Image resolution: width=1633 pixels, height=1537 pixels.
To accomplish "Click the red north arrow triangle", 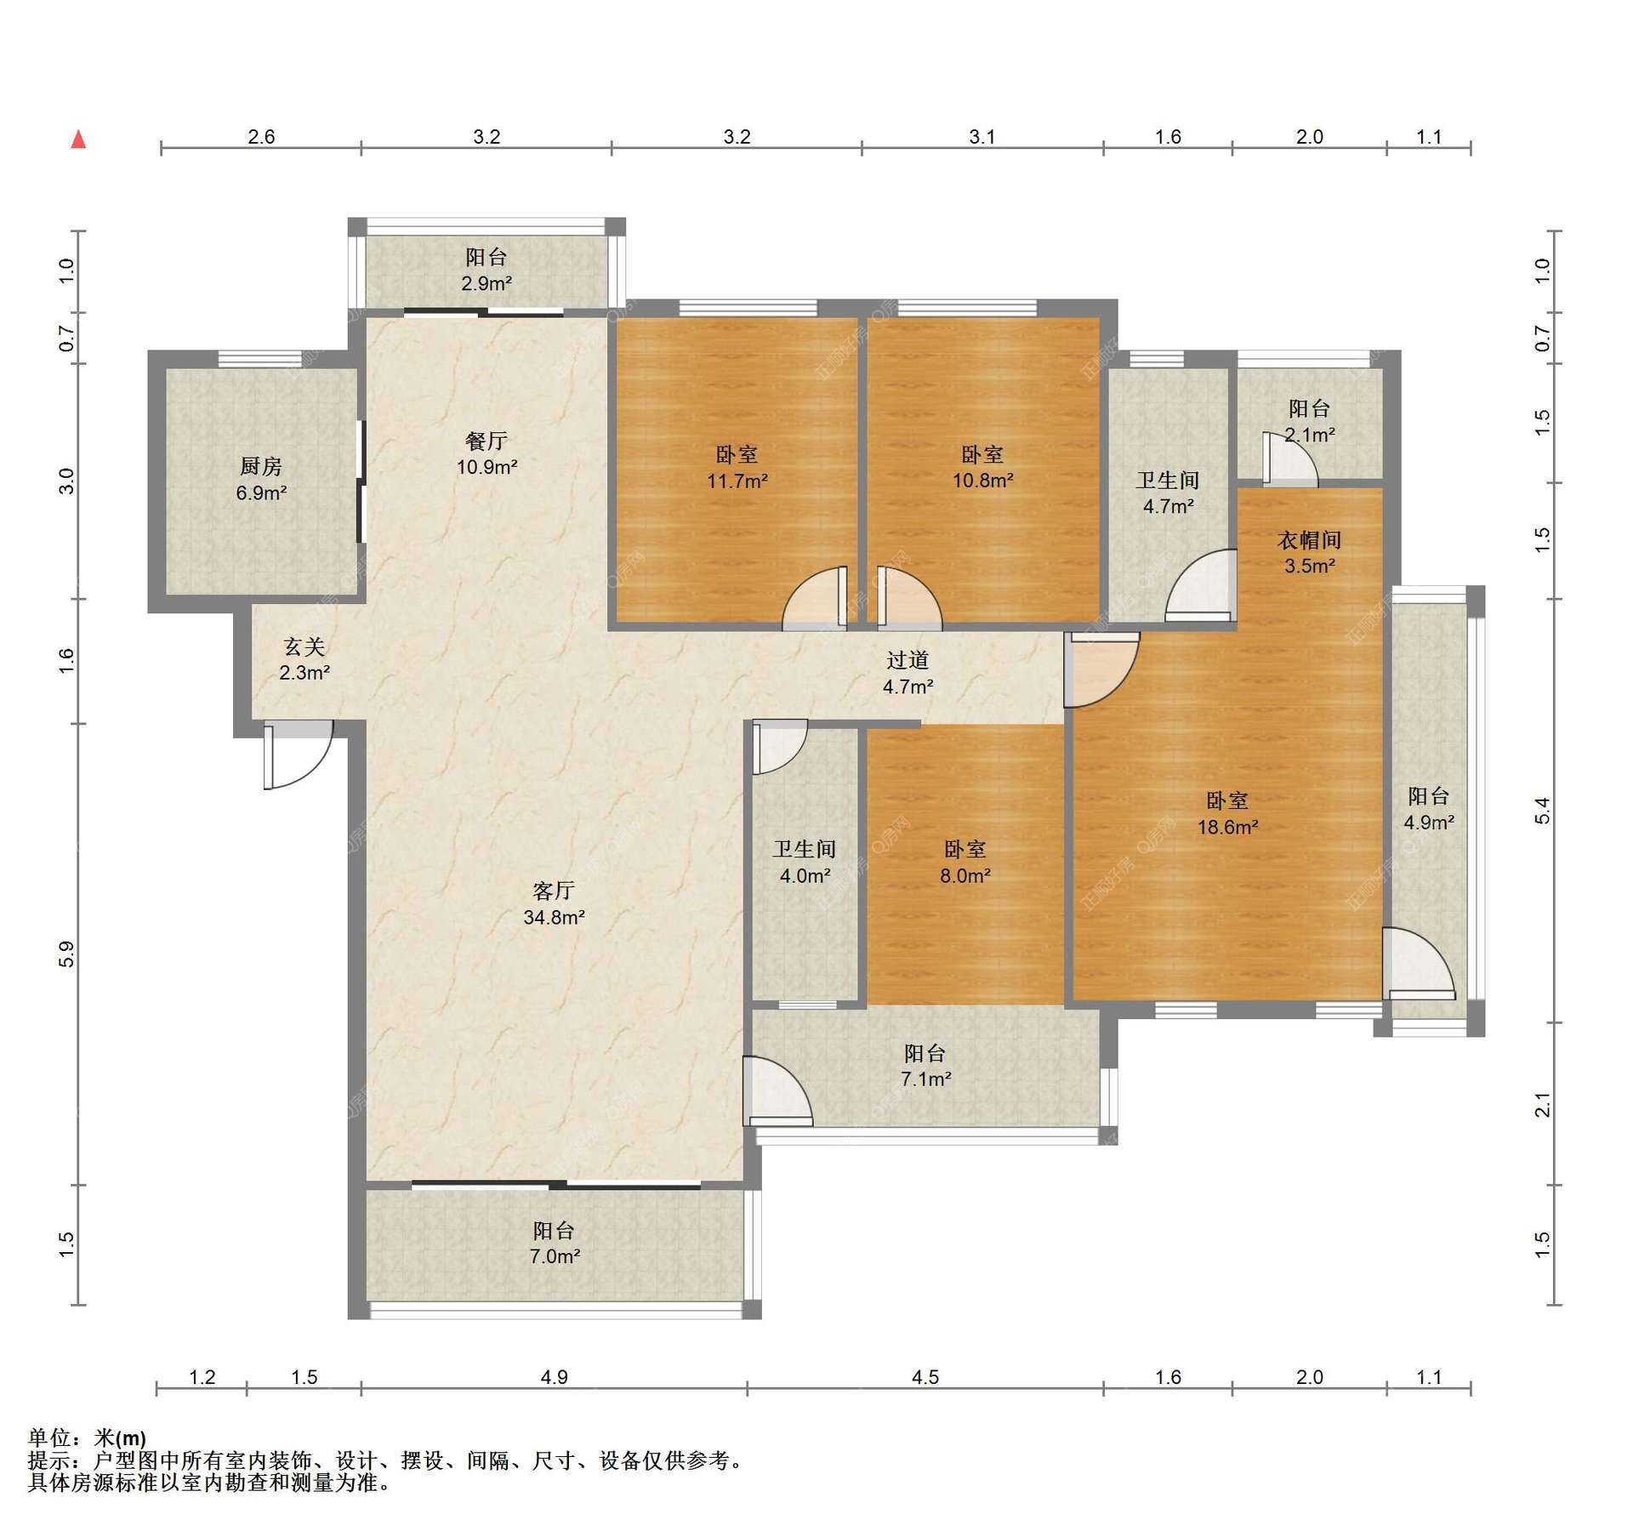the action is coord(78,139).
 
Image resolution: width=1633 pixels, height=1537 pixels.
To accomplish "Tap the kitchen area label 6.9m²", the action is coord(261,492).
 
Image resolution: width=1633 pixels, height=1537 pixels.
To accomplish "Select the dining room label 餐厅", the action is coord(486,441).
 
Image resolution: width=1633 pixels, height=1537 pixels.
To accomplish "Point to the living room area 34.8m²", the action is coord(554,917).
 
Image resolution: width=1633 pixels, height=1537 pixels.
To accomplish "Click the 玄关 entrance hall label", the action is coord(304,647).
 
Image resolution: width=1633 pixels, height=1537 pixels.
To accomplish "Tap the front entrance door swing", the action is coord(298,754).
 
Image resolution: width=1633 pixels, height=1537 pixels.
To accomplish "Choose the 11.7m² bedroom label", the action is coord(737,481).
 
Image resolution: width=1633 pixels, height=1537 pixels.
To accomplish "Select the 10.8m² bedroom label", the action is coord(982,481).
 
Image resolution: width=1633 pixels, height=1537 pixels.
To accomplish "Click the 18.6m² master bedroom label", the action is coord(1227,827).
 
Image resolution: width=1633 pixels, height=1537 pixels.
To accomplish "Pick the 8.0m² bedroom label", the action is coord(965,875).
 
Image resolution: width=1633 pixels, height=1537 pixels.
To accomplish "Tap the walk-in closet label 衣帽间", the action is coord(1310,540).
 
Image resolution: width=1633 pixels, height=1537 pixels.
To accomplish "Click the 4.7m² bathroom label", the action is coord(1168,507).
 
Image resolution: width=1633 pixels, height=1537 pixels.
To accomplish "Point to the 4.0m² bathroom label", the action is coord(805,875).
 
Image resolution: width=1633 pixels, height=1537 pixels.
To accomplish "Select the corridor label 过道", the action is coord(908,660).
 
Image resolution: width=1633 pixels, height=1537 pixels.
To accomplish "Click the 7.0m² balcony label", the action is coord(555,1256).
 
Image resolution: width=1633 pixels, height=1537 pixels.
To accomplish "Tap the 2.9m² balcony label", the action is coord(486,283).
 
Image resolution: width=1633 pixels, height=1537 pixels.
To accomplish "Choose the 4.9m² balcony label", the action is coord(1428,823).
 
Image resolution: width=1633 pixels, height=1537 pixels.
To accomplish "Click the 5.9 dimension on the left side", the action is coord(66,954).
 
